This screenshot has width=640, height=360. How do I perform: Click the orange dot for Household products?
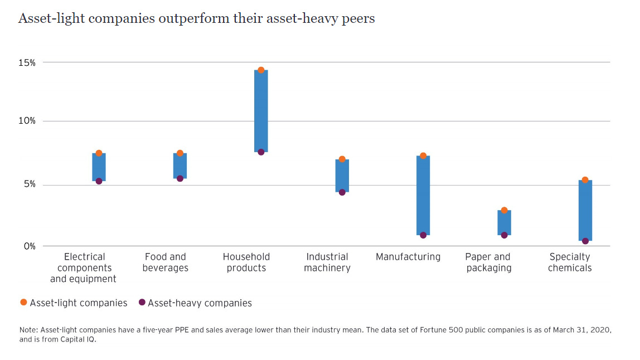tap(261, 70)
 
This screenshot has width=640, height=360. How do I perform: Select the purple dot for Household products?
tap(261, 152)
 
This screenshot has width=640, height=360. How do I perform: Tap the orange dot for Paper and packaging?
tap(504, 211)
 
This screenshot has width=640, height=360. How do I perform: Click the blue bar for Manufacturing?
tap(423, 195)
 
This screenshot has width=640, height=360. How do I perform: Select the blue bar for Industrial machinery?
tap(342, 176)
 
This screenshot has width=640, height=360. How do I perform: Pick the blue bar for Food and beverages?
tap(180, 166)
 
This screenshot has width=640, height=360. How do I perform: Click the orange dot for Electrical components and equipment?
tap(99, 153)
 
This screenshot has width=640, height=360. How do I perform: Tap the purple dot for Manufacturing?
tap(423, 235)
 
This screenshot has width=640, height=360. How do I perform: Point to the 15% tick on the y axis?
tap(27, 62)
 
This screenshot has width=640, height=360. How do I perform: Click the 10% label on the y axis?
tap(27, 121)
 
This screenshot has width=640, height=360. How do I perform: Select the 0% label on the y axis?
tap(30, 246)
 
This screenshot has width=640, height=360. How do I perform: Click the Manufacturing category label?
tap(408, 257)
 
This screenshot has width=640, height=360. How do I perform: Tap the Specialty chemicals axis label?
tap(569, 262)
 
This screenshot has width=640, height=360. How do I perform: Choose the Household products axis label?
tap(246, 262)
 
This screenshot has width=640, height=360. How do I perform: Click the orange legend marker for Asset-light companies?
tap(23, 303)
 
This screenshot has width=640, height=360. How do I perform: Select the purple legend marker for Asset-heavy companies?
tap(142, 303)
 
